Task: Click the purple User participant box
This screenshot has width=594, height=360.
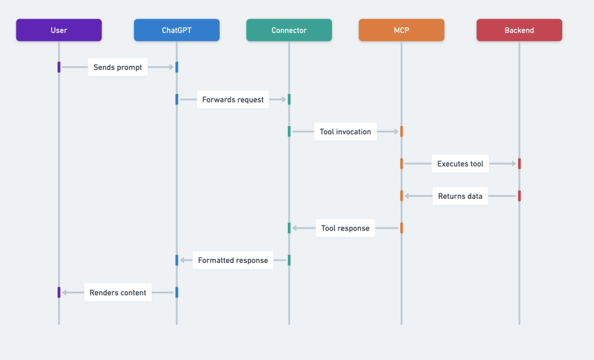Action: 59,30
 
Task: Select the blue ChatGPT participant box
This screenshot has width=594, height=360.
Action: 176,30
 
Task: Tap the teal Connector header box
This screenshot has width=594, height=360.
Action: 289,30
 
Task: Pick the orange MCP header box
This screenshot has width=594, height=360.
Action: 401,30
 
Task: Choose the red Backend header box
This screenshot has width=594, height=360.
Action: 519,30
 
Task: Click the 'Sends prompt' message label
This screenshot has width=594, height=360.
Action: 117,67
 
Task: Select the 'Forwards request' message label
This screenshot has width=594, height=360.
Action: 233,100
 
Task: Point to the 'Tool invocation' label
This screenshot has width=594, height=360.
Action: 345,131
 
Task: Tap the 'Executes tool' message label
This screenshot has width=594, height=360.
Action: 460,164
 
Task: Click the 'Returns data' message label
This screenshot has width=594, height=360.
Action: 460,196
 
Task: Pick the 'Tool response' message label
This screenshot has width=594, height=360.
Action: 345,229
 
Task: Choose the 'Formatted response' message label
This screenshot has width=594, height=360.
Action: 233,260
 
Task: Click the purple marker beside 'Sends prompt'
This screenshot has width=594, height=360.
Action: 59,67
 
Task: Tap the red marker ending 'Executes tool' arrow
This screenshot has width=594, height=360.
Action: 519,164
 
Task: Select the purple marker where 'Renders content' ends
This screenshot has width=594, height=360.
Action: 59,293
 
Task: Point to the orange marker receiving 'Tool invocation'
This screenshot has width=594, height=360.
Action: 401,131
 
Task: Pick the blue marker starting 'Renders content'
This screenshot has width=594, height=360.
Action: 176,293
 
